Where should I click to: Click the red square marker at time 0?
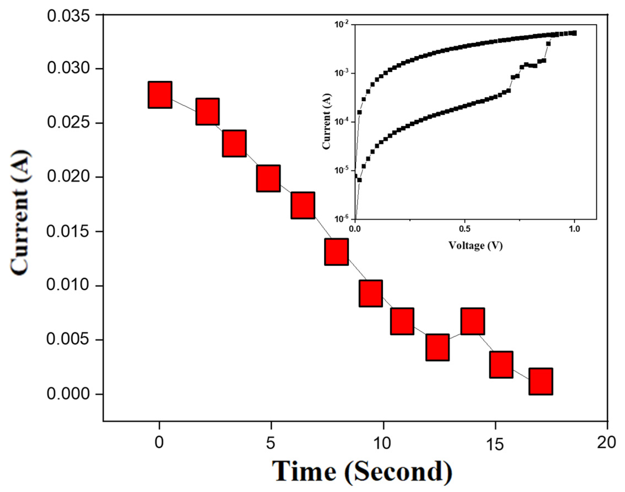coord(160,95)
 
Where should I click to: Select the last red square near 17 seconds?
coord(541,382)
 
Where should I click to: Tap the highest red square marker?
coord(160,95)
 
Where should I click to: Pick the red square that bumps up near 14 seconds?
coord(473,321)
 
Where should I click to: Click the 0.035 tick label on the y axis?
coord(68,16)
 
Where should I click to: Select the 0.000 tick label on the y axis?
coord(68,394)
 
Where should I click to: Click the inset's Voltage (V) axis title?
coord(476,245)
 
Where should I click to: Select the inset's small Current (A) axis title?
coord(327,121)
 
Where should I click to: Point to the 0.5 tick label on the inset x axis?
coord(464,229)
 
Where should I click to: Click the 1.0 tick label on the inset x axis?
coord(574,229)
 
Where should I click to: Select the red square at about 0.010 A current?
coord(371,293)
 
